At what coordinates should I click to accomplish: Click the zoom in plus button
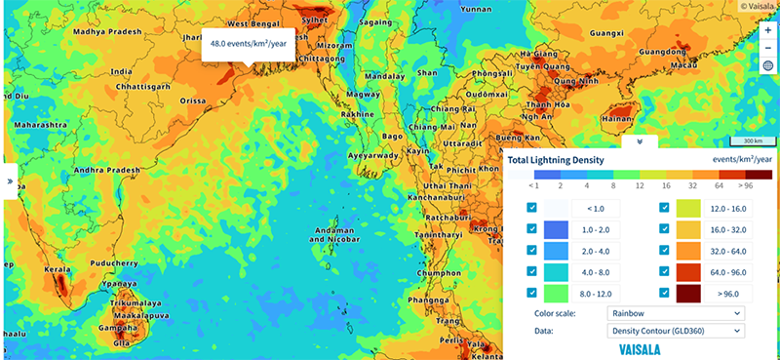767,30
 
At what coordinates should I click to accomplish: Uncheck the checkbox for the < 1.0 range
531,207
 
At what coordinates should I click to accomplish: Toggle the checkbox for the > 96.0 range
665,292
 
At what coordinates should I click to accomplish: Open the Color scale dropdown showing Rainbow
676,313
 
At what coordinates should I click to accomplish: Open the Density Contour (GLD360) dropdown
676,331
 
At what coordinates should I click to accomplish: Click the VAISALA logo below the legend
641,348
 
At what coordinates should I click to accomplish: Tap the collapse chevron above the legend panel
639,140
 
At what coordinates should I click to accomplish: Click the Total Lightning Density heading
556,159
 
